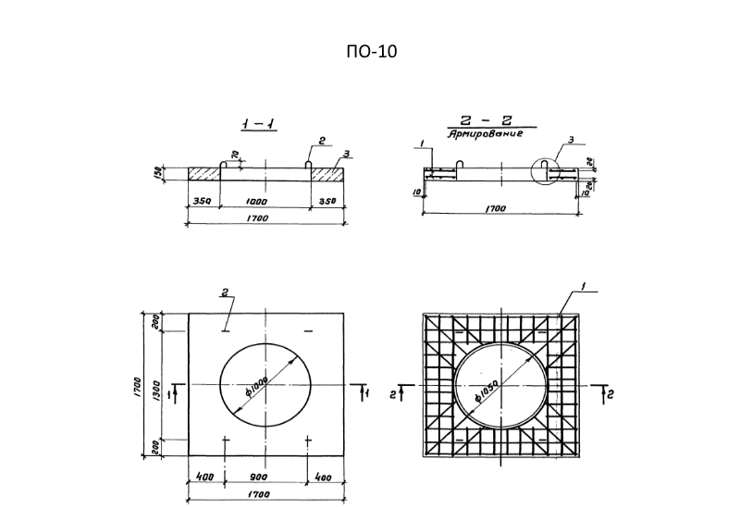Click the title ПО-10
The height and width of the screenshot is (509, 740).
370,52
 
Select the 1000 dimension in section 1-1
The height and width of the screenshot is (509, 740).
263,199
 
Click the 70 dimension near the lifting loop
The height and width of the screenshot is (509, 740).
235,155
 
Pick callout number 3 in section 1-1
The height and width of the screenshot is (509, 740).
344,153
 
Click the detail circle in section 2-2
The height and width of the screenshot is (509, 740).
552,171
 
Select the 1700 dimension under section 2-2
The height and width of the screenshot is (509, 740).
500,209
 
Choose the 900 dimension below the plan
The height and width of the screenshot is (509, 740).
263,478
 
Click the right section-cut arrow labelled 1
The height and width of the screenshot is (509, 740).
363,394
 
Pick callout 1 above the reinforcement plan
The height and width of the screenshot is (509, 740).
585,287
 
